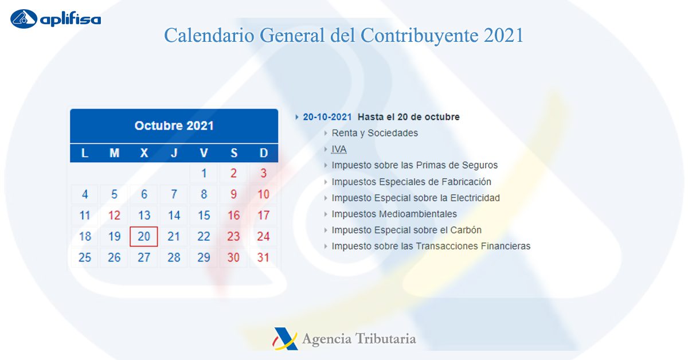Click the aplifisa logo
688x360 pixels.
click(x=55, y=19)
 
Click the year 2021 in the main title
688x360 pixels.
click(x=503, y=36)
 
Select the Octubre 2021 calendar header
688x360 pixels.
click(x=174, y=126)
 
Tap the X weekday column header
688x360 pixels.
click(x=144, y=153)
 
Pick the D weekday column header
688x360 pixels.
click(x=264, y=153)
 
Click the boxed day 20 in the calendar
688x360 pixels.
click(x=144, y=237)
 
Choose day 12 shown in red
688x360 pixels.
click(x=114, y=216)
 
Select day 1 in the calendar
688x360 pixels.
click(x=204, y=174)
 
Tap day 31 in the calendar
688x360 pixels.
click(x=263, y=257)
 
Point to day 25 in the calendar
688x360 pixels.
click(x=85, y=257)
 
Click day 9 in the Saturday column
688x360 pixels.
click(x=234, y=194)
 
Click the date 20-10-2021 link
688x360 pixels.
click(x=327, y=117)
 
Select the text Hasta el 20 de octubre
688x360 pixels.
click(x=409, y=117)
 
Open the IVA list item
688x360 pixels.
click(x=339, y=149)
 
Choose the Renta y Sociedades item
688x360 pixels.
click(x=375, y=133)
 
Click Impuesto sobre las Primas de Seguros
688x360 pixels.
click(x=415, y=165)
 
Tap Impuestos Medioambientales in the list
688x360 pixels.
click(x=394, y=214)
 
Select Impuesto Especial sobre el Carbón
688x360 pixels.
click(x=406, y=230)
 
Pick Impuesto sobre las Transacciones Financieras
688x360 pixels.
click(x=431, y=246)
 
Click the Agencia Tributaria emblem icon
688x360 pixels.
click(x=286, y=339)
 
